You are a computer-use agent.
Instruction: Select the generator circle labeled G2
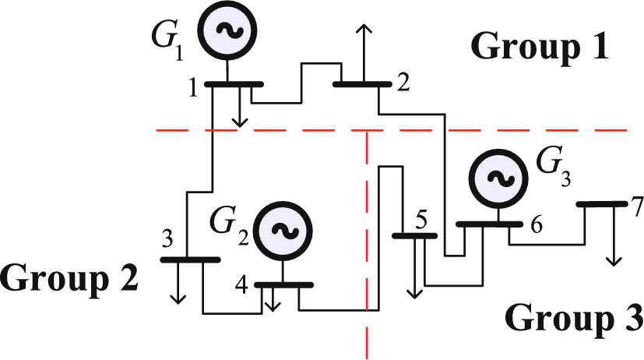click(284, 230)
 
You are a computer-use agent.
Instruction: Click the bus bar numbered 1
click(234, 83)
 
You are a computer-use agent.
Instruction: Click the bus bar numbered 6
click(488, 224)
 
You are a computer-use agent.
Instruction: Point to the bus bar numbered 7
click(602, 204)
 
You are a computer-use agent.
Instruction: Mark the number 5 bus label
click(421, 221)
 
